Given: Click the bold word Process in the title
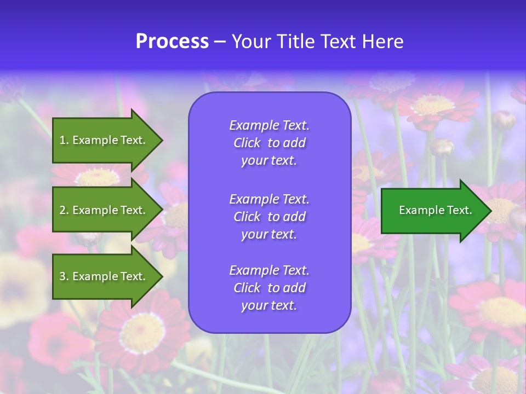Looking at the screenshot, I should (172, 42).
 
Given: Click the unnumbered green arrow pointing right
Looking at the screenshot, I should (433, 210).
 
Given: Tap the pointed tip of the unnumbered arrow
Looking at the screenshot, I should (489, 211).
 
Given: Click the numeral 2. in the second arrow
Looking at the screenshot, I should (64, 210).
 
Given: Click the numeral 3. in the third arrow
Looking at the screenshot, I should (64, 276).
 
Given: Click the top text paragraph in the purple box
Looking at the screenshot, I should (269, 143).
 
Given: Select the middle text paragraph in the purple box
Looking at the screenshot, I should (269, 217).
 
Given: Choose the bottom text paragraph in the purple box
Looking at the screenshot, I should (269, 288).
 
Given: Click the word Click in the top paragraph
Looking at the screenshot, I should (247, 143).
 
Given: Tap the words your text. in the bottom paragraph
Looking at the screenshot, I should (269, 305).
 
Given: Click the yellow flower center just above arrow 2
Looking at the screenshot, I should (98, 177).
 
